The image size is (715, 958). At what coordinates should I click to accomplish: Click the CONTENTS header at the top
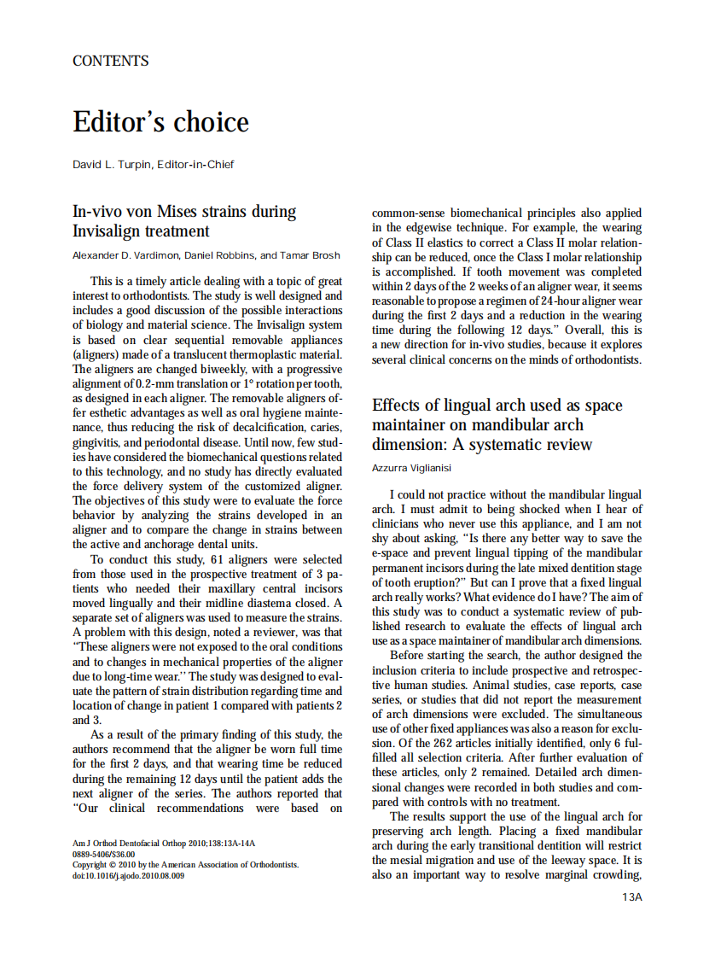tap(111, 61)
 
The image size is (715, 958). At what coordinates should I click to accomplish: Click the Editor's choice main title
tap(160, 121)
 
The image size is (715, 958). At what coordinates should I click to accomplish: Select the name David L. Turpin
tap(109, 164)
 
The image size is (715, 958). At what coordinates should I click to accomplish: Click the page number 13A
tap(631, 897)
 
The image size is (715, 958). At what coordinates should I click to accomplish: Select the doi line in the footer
tap(128, 874)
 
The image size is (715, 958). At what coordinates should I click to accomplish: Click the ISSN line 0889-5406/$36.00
tap(103, 853)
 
